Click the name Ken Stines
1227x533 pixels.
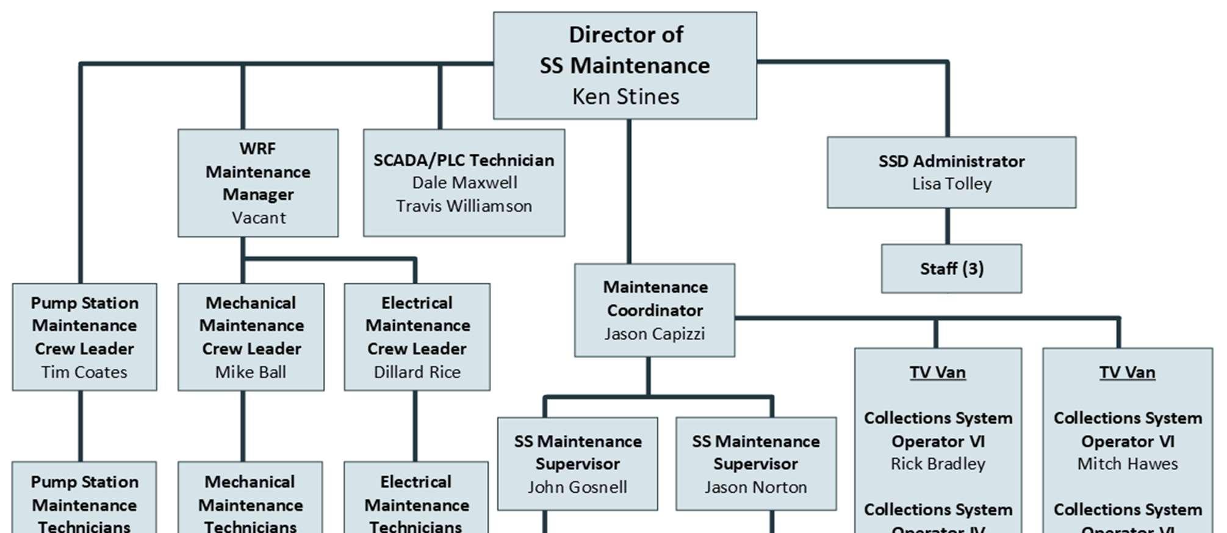tap(625, 96)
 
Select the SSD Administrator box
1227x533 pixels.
tap(951, 172)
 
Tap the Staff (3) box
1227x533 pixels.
tap(951, 268)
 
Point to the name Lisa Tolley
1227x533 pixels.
tap(951, 184)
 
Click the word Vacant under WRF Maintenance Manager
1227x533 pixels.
tap(258, 218)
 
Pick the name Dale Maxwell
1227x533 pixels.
tap(464, 182)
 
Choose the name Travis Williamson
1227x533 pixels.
tap(464, 206)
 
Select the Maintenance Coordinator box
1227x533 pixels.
tap(655, 310)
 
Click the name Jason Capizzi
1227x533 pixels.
tap(655, 334)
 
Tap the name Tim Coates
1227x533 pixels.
tap(84, 372)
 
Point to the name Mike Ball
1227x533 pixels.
tap(251, 372)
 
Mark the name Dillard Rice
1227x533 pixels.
tap(417, 372)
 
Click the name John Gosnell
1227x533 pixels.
tap(577, 487)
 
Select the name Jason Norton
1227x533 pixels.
tap(755, 487)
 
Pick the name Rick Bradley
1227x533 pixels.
tap(938, 464)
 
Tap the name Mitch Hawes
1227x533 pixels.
tap(1127, 464)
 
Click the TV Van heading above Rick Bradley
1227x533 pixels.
tap(938, 372)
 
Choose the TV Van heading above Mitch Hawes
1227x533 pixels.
tap(1127, 372)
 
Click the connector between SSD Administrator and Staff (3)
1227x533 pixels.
tap(948, 226)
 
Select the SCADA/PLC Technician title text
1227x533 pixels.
tap(464, 160)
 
